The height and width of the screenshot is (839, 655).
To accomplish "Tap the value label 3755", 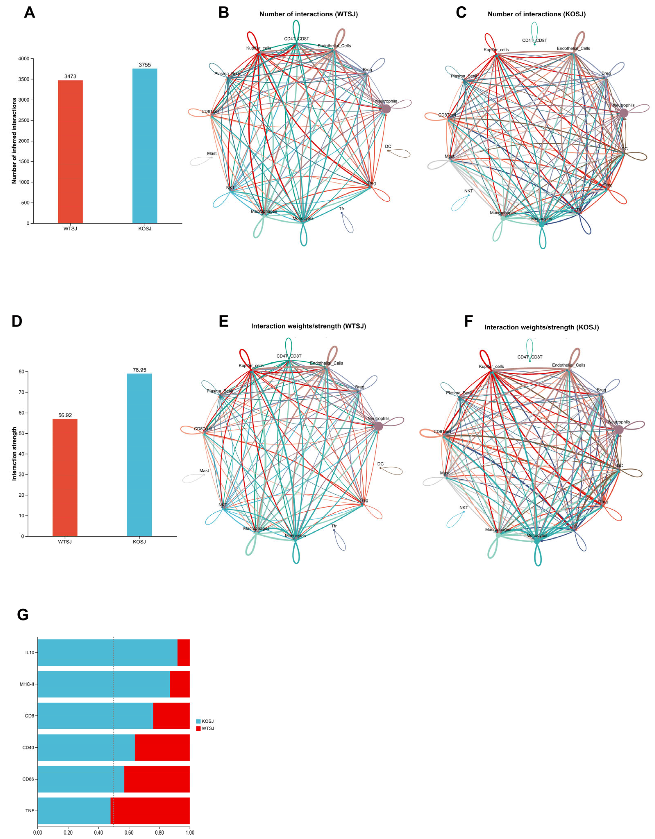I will click(x=145, y=65).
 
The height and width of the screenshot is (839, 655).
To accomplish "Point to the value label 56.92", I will click(x=65, y=415).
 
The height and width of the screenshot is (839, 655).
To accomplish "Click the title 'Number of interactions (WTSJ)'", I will click(x=309, y=14).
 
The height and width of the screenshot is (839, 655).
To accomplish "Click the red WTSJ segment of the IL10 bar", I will click(x=184, y=652).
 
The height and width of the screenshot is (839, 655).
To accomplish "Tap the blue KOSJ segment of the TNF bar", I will click(x=74, y=811).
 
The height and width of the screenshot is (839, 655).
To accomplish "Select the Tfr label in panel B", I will click(x=342, y=209).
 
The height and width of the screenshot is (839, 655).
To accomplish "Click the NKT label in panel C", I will click(x=468, y=191).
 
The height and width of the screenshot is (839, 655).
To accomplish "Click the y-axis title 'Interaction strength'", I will click(x=14, y=454).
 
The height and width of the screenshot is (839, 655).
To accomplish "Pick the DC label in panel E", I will click(x=380, y=464).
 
